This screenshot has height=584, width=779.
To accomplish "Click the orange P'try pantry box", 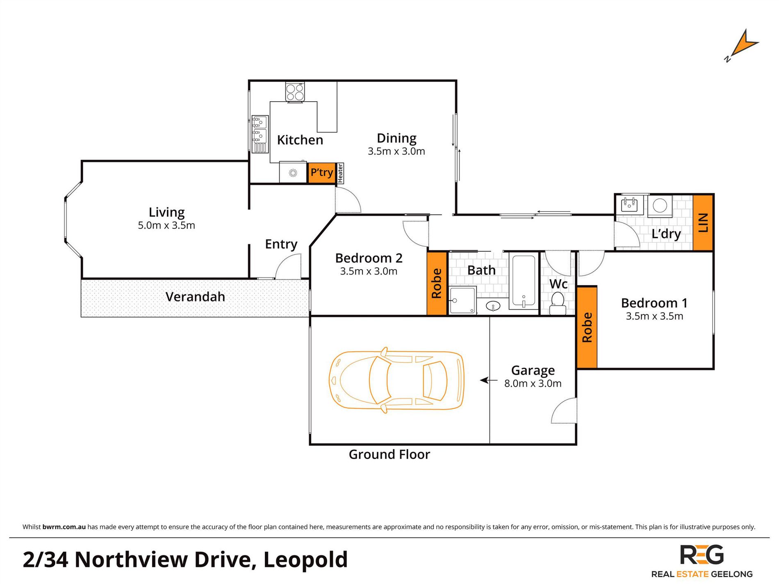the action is (x=322, y=173).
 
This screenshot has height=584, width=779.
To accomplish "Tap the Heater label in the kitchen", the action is (x=340, y=173).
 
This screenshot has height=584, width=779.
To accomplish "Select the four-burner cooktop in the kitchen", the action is (x=295, y=92).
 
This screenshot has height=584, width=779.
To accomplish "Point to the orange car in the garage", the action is (x=396, y=380).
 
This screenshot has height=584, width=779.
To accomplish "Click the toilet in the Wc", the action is (x=558, y=304).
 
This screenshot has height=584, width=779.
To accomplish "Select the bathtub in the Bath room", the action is (x=523, y=281).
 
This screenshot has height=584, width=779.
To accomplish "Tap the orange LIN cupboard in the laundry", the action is (x=703, y=223).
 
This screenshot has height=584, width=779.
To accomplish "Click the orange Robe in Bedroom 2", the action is (x=437, y=283).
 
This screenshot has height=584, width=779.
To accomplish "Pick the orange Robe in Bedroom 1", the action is (x=587, y=327).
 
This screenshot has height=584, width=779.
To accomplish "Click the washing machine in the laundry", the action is (x=660, y=206).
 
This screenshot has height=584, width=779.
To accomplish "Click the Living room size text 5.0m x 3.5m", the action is (x=166, y=225).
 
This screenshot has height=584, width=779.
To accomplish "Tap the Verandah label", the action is (x=195, y=297).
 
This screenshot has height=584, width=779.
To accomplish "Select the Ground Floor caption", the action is (x=389, y=454).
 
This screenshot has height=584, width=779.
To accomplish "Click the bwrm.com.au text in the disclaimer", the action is (x=64, y=527).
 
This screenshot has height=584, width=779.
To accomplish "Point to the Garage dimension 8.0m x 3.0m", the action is (x=533, y=384).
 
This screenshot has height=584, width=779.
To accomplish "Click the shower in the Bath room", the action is (x=463, y=300).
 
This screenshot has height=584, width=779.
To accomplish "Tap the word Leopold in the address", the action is (x=305, y=560).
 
